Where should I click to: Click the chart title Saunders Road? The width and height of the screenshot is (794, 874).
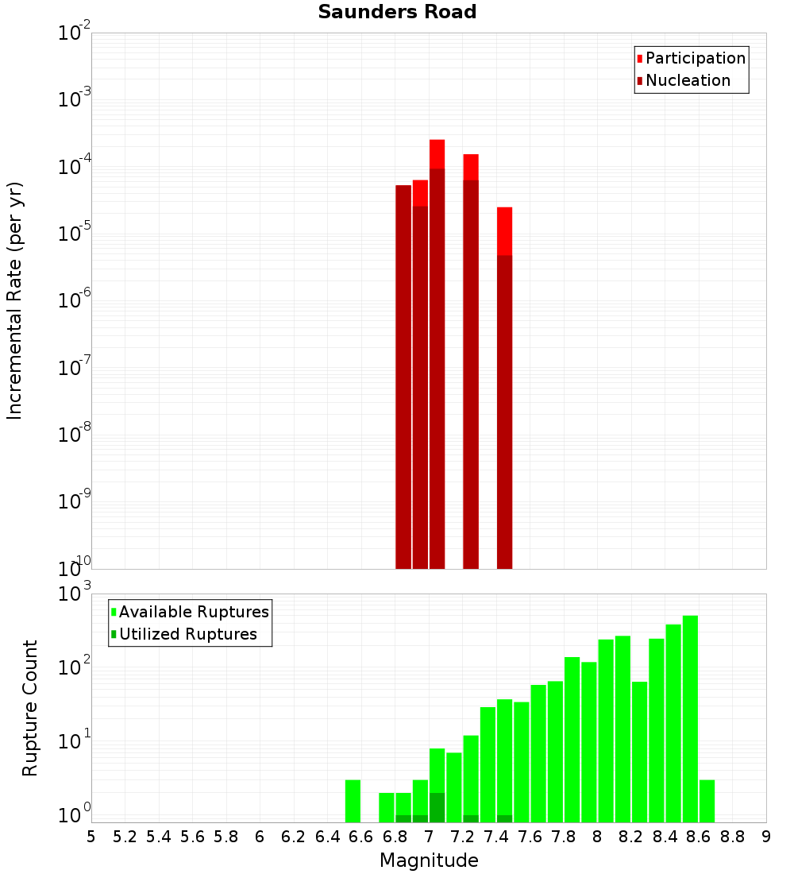[x=397, y=13]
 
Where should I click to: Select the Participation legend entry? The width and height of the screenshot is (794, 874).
[x=695, y=58]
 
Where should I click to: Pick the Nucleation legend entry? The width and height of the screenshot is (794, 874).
[x=688, y=80]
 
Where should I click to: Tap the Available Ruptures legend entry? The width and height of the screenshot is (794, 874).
[x=194, y=612]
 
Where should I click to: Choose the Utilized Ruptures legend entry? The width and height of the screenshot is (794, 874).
[x=187, y=634]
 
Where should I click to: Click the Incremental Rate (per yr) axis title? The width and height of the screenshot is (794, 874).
[x=15, y=301]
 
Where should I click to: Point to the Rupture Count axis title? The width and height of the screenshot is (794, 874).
[x=30, y=708]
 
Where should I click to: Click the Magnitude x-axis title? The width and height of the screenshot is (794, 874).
[x=429, y=860]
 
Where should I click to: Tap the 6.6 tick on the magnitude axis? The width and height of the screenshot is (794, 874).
[x=361, y=837]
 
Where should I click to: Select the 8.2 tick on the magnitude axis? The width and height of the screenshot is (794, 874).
[x=631, y=837]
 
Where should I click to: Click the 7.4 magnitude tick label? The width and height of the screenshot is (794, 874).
[x=496, y=837]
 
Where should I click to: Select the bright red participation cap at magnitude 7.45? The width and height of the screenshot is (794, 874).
[x=505, y=231]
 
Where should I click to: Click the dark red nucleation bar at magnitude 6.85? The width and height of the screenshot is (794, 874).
[x=403, y=373]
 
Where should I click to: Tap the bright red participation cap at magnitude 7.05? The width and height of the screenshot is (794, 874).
[x=437, y=154]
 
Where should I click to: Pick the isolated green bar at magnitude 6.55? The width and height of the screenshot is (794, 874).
[x=353, y=801]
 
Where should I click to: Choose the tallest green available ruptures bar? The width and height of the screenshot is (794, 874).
[x=690, y=715]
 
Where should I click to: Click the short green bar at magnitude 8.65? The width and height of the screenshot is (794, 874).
[x=707, y=801]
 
